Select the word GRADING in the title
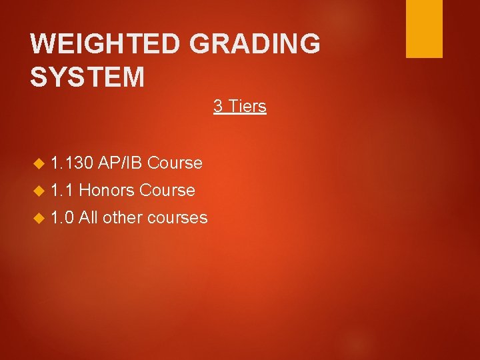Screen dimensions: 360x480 pos(255,45)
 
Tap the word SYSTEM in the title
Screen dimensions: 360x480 pos(87,77)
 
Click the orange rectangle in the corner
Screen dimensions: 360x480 pos(424,29)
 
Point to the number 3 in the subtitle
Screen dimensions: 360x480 pos(218,106)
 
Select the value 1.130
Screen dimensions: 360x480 pos(72,163)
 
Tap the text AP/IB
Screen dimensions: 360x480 pos(121,163)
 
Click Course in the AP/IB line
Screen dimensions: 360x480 pos(175,163)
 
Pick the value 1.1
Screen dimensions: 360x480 pos(63,190)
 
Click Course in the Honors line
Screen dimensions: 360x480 pos(167,190)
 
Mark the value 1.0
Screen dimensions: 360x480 pos(63,217)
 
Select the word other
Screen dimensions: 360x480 pos(123,217)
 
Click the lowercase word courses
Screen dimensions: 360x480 pos(178,217)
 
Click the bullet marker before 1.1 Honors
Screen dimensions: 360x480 pos(37,191)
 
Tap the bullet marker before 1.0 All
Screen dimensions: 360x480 pos(37,218)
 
